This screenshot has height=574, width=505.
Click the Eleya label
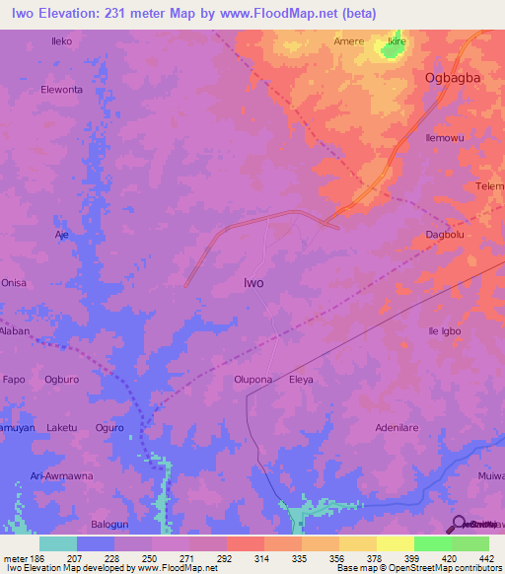click(301, 379)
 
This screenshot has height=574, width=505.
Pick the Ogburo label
click(62, 379)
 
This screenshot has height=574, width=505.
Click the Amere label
click(349, 41)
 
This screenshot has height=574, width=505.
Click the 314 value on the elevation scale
click(263, 557)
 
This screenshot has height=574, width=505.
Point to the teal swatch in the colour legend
click(58, 543)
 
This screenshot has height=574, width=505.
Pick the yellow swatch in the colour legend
click(395, 543)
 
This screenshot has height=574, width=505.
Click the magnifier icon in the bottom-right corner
click(458, 524)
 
